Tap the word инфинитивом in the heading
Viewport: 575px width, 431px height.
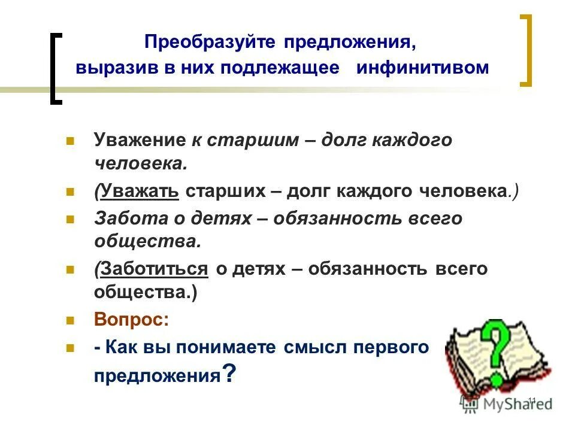click(x=423, y=67)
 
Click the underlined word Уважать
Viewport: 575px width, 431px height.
click(x=141, y=191)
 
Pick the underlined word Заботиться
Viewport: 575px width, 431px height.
click(x=155, y=269)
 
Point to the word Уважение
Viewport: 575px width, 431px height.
click(x=140, y=141)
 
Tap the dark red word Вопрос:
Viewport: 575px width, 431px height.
click(x=131, y=320)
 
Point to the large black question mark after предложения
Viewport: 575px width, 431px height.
click(x=228, y=374)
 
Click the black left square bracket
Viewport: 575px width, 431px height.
click(x=55, y=69)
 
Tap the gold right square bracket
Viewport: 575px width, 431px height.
click(x=525, y=51)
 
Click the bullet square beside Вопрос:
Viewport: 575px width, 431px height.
click(x=70, y=320)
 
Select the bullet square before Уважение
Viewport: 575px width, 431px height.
click(x=70, y=141)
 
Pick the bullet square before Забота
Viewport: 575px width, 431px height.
click(x=70, y=219)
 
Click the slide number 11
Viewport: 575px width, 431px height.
click(x=531, y=400)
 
